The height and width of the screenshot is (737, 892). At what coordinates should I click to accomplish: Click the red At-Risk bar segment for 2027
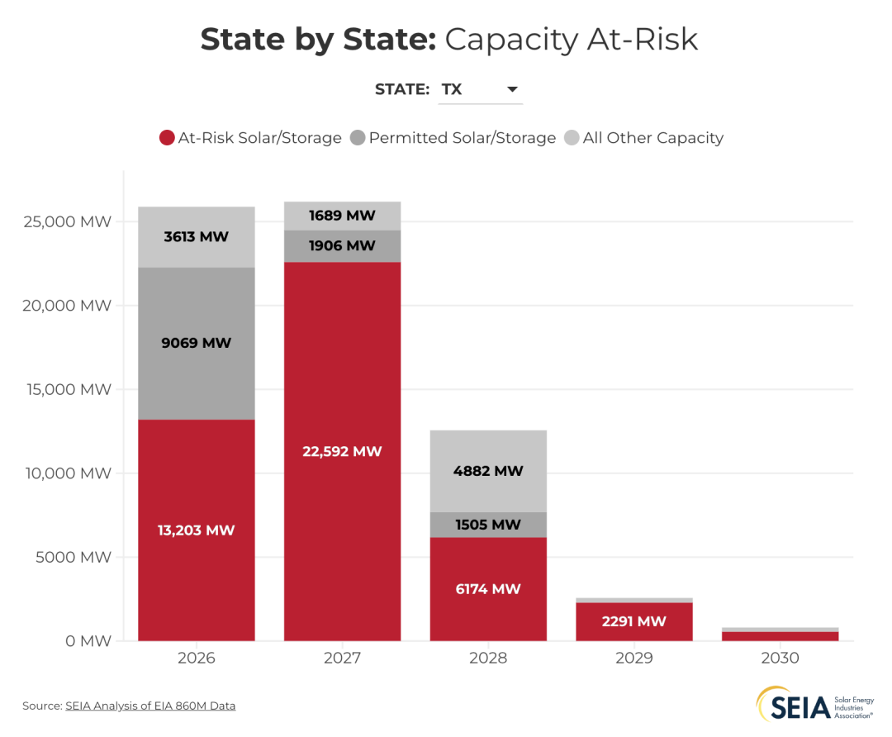pyautogui.click(x=342, y=397)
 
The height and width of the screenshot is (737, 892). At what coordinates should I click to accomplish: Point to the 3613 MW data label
pyautogui.click(x=197, y=237)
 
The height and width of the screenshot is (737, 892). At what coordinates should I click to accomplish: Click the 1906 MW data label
pyautogui.click(x=342, y=245)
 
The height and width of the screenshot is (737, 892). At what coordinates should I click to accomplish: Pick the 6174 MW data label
pyautogui.click(x=488, y=589)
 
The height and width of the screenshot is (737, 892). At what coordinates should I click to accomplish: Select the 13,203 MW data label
pyautogui.click(x=197, y=530)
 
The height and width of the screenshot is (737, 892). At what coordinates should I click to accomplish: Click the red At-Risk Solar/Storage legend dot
pyautogui.click(x=167, y=138)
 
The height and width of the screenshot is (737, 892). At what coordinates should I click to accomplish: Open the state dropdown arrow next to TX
pyautogui.click(x=512, y=89)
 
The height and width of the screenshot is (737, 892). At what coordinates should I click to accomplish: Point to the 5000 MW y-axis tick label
pyautogui.click(x=74, y=557)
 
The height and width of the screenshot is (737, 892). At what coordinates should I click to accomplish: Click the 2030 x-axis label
pyautogui.click(x=780, y=659)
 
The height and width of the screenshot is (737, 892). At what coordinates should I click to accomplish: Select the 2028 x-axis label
pyautogui.click(x=488, y=659)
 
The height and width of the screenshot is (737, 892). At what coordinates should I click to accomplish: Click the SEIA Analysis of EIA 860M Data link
pyautogui.click(x=150, y=706)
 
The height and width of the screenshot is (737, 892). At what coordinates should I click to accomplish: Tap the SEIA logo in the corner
pyautogui.click(x=814, y=706)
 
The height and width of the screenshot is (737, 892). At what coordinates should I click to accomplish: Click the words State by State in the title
pyautogui.click(x=318, y=40)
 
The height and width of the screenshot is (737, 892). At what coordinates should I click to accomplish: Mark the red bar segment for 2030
pyautogui.click(x=780, y=636)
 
